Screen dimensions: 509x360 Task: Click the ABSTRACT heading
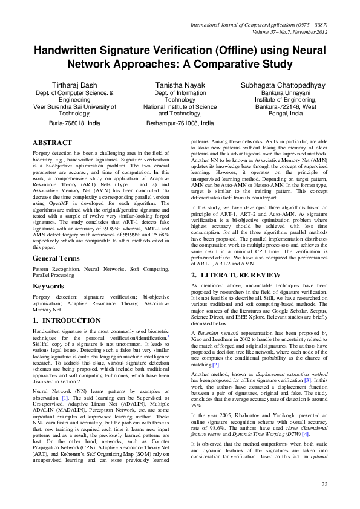pyautogui.click(x=53, y=143)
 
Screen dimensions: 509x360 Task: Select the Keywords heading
pyautogui.click(x=50, y=285)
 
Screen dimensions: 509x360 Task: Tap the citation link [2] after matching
pyautogui.click(x=215, y=365)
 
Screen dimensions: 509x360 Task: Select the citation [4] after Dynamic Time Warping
pyautogui.click(x=306, y=433)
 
